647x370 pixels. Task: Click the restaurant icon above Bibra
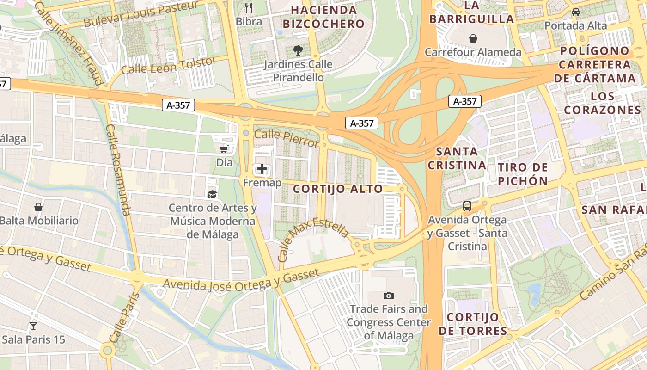click(249, 7)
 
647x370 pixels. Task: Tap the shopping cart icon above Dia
click(224, 149)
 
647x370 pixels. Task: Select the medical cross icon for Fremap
click(262, 169)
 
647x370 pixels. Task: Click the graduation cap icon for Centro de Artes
click(212, 194)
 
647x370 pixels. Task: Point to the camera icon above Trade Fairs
click(389, 296)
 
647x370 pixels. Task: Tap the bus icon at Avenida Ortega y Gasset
click(467, 206)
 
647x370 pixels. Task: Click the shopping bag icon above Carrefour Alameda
click(473, 38)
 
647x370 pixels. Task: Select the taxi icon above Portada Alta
click(575, 12)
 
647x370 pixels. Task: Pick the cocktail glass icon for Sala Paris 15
click(33, 326)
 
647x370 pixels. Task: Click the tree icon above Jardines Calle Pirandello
click(298, 50)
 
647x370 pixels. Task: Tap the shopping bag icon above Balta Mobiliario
click(38, 207)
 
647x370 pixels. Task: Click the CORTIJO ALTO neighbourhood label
click(338, 189)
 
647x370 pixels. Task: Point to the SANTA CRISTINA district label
click(457, 158)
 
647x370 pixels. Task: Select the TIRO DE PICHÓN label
click(523, 174)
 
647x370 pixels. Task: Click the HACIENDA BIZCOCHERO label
click(323, 17)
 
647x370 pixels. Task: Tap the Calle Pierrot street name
click(287, 138)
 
